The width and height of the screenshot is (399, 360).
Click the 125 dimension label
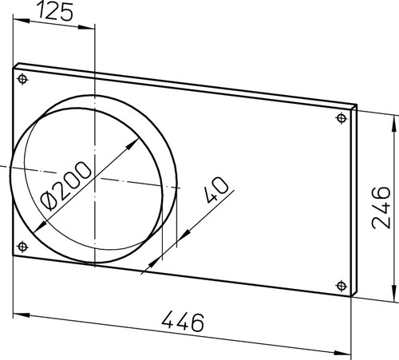click(54, 12)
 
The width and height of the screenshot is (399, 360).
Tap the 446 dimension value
click(183, 322)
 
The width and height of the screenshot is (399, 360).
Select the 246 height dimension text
click(381, 208)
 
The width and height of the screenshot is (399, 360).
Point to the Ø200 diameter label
click(65, 186)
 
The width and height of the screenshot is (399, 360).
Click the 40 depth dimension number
click(216, 190)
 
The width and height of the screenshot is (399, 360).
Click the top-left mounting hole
click(22, 79)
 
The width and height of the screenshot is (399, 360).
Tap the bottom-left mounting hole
click(22, 247)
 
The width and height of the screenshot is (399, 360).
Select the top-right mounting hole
click(342, 118)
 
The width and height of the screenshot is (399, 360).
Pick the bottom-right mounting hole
click(342, 286)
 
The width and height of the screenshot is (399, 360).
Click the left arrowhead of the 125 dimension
click(22, 21)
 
